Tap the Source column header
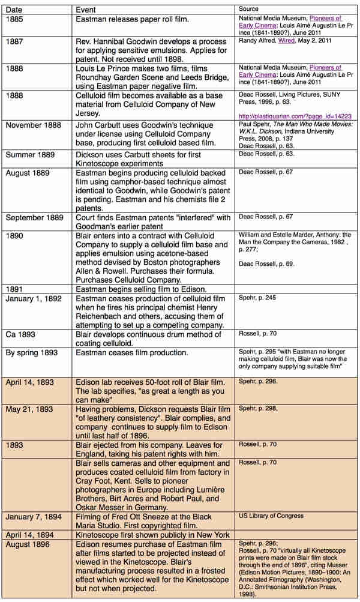(248, 10)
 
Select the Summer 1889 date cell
(31, 155)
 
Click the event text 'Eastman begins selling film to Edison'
(149, 289)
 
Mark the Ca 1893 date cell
(22, 333)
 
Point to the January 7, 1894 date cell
(33, 516)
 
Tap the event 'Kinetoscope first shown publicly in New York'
(152, 535)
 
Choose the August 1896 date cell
(28, 544)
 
